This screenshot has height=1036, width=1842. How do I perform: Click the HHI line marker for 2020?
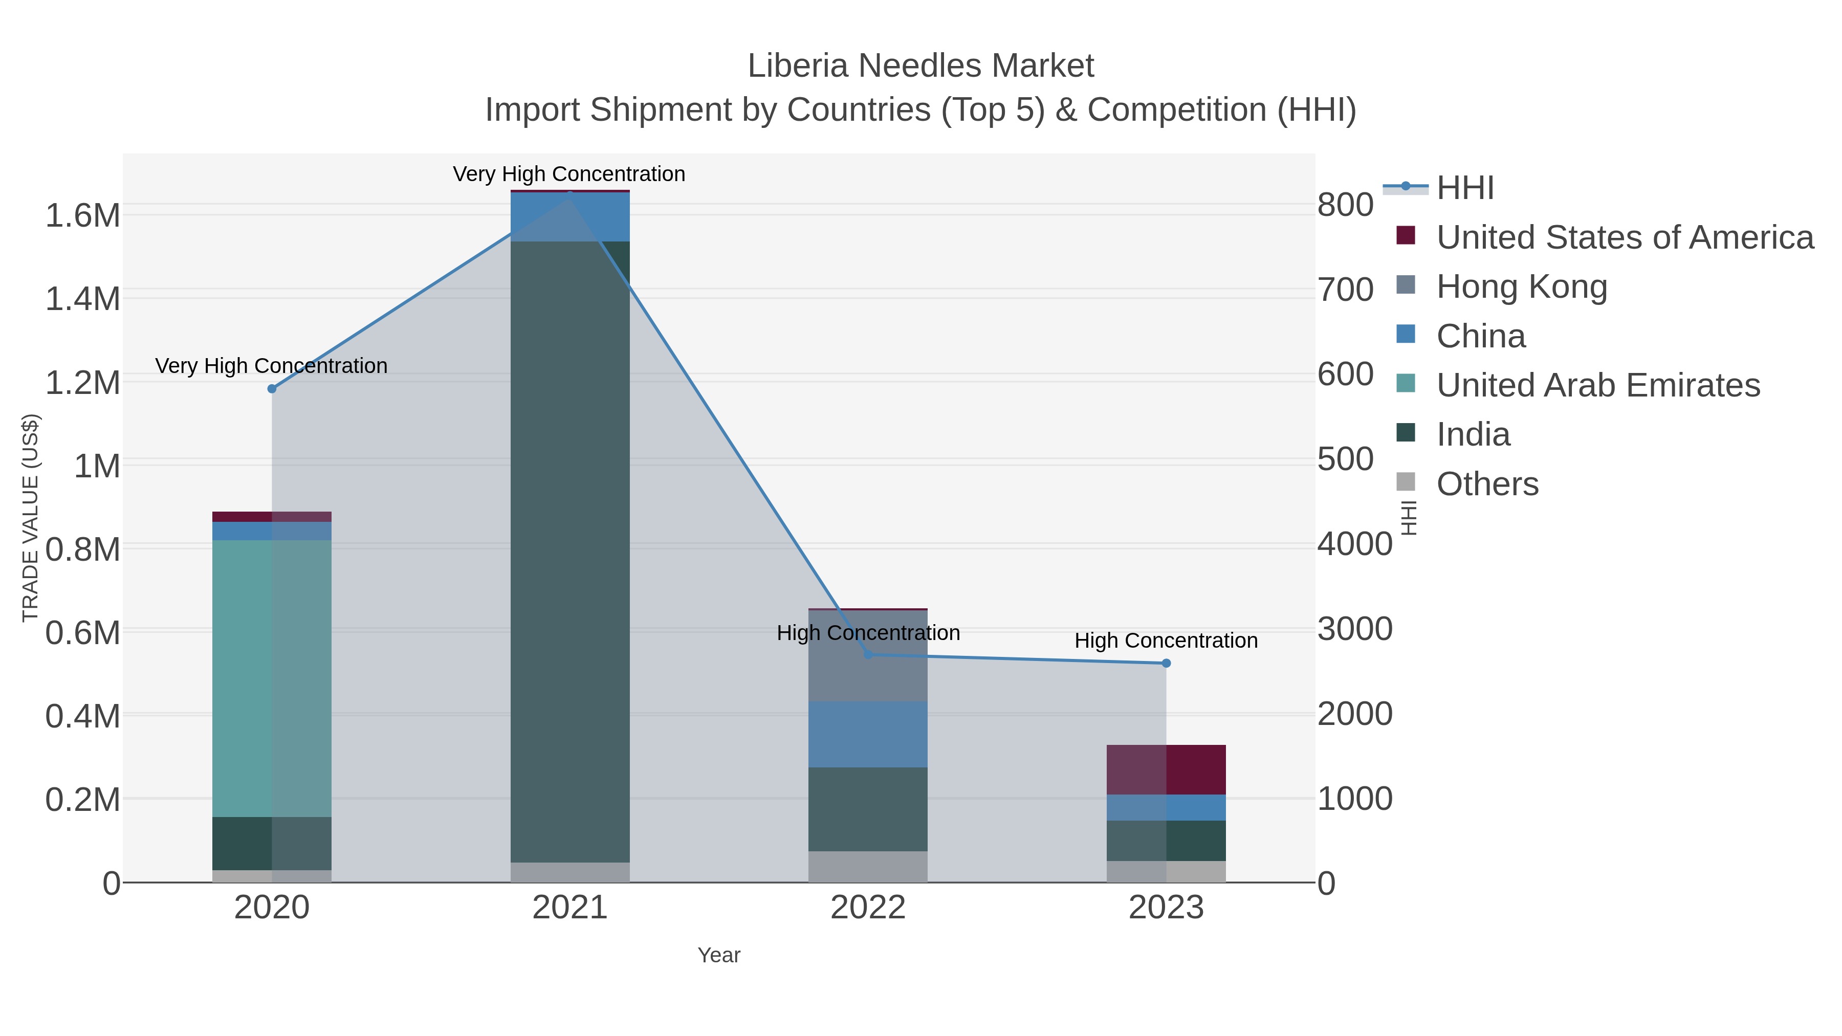point(272,389)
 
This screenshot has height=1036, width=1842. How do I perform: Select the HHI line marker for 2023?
point(1166,664)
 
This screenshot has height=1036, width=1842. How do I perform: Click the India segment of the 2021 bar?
point(570,550)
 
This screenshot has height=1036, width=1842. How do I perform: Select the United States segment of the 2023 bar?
point(1166,769)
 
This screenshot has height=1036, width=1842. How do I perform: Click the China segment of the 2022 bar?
point(868,734)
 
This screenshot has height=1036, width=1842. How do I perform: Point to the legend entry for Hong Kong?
point(1522,286)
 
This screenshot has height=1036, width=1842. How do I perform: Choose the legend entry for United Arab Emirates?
point(1597,385)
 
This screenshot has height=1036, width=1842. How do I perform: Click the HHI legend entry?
point(1464,188)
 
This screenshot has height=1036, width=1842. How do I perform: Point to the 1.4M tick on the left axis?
point(83,299)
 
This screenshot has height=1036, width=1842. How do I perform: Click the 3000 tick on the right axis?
point(1354,629)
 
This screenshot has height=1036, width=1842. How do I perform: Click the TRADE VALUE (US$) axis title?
point(30,518)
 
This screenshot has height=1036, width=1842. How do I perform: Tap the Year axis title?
point(719,955)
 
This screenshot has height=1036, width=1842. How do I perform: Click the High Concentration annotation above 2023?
point(1166,641)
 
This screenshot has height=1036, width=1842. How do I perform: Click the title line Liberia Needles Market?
point(920,66)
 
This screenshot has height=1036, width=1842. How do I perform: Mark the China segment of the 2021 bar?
point(570,217)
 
